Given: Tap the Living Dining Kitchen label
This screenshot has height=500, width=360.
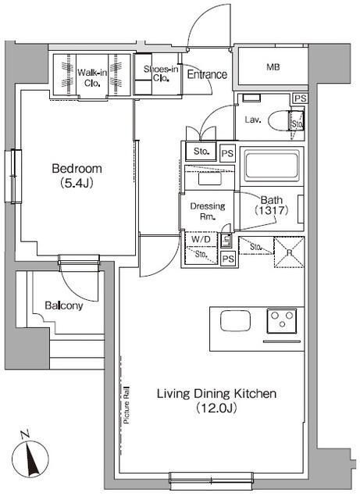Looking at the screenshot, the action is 216,394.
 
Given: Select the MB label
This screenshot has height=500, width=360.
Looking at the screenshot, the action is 273,67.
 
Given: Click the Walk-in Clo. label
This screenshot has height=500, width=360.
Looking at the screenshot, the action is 92,78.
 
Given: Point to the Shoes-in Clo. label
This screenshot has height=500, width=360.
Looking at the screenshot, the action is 161,73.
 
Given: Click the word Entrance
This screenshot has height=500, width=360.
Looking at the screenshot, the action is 207,75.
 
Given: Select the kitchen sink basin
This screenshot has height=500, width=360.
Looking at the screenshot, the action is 235,321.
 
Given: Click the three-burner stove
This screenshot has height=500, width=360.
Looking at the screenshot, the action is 282,320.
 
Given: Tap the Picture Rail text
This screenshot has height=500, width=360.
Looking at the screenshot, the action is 127,405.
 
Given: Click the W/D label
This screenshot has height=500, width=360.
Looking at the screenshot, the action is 201,239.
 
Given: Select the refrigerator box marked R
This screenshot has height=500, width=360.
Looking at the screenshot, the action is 289,252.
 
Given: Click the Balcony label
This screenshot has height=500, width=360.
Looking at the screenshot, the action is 64,305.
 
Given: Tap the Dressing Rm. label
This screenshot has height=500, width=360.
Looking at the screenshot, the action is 208,211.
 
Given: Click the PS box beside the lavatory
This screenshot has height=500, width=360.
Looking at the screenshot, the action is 300,98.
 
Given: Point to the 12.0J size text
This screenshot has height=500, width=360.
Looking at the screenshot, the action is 216,408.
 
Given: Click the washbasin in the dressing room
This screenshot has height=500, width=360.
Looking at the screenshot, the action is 209,179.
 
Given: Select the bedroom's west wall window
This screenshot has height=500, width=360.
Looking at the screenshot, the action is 13,176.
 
